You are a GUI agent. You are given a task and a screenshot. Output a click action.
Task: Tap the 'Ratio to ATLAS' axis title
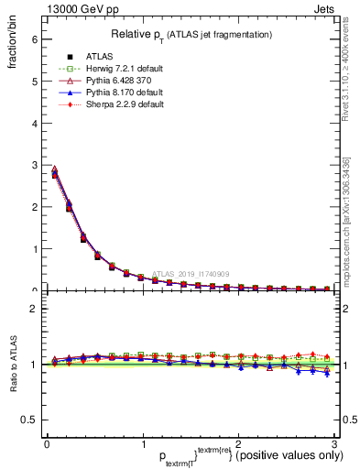click(12, 364)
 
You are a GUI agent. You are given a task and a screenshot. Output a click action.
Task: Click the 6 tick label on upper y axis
click(34, 39)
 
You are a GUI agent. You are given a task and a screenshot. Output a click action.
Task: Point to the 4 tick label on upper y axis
click(34, 123)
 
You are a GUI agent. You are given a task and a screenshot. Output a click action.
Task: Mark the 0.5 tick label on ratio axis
click(29, 420)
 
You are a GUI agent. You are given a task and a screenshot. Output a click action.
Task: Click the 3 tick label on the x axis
click(335, 443)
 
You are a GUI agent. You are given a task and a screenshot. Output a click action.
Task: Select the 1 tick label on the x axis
click(143, 443)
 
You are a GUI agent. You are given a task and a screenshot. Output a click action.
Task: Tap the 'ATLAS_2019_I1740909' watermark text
click(193, 273)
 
